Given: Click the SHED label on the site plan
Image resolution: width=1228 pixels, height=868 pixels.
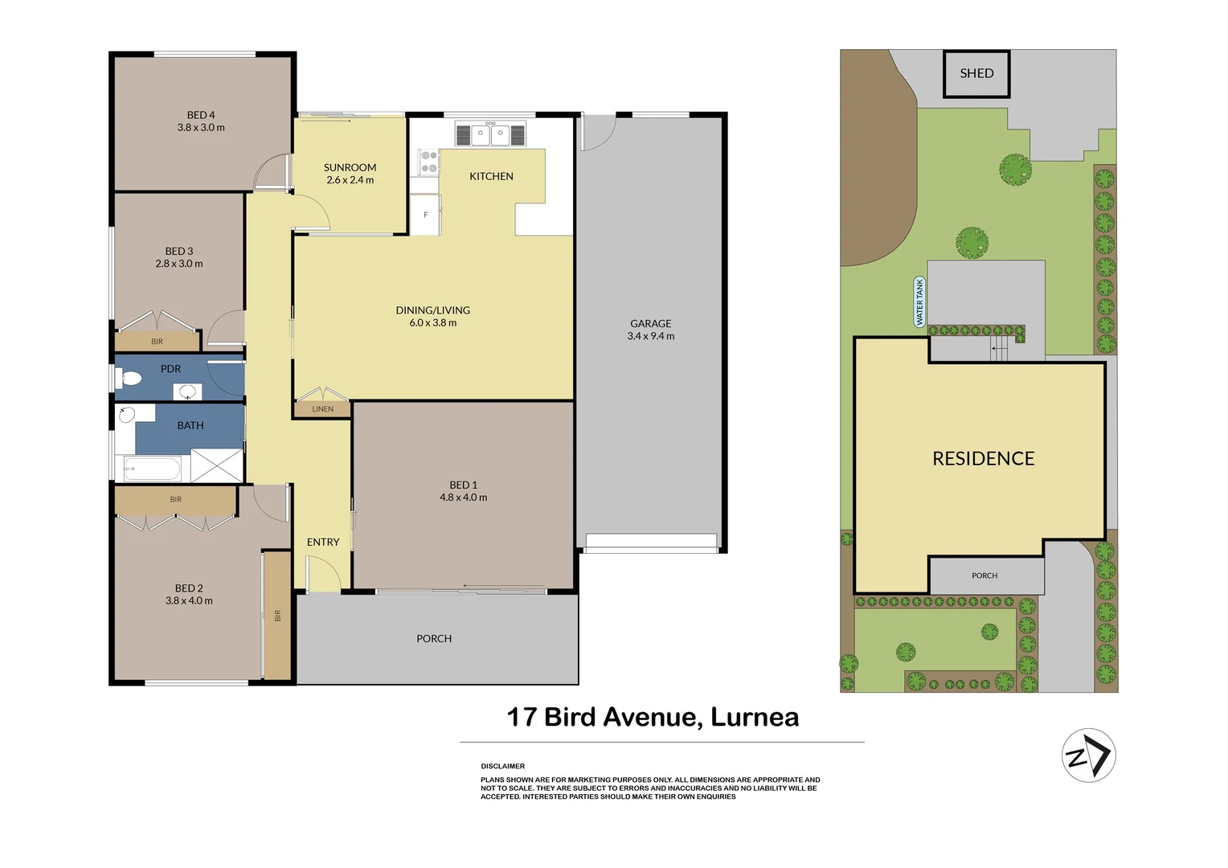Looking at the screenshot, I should tap(976, 73).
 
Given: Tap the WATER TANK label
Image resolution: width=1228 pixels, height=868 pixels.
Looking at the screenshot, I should tap(919, 301).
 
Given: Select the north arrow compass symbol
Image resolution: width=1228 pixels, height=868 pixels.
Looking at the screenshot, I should tap(1089, 755).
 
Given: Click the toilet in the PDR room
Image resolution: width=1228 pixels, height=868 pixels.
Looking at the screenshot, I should tap(129, 378).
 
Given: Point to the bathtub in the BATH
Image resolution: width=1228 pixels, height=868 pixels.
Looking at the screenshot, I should tap(155, 468).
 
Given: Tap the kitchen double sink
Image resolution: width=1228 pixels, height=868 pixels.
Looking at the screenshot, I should tap(489, 134).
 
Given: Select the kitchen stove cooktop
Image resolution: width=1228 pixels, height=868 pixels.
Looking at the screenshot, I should tap(428, 162).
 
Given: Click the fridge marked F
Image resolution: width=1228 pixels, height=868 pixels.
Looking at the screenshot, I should tap(425, 215).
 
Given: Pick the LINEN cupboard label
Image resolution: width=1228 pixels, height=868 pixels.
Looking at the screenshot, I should tap(322, 409).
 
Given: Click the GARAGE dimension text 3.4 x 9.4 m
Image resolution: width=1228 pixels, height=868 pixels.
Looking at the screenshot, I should tap(650, 336).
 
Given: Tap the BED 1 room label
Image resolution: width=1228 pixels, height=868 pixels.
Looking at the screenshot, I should tap(463, 485).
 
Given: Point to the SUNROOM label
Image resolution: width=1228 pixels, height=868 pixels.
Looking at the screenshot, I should tap(350, 167).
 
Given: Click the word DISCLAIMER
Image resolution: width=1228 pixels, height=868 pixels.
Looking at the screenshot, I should tap(502, 766).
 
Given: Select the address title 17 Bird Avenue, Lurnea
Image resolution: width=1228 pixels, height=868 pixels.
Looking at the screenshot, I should tap(653, 717).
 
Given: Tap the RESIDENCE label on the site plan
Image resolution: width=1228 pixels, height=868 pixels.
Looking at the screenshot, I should tap(983, 458).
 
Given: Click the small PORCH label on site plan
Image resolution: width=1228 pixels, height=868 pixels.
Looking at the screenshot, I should tap(984, 575).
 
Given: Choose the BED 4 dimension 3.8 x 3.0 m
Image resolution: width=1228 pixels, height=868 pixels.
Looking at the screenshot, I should tap(201, 128).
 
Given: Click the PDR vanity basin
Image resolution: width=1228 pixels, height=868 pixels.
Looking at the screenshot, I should tap(188, 392).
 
